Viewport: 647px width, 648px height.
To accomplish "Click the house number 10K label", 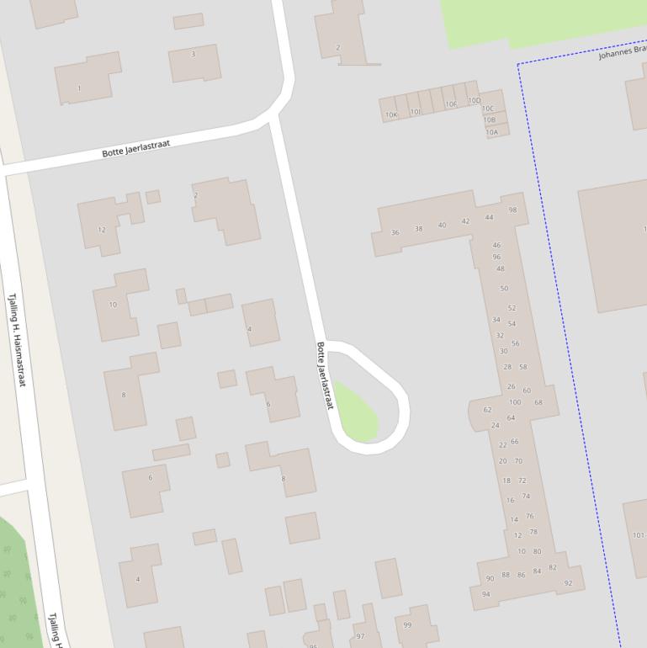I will [391, 115].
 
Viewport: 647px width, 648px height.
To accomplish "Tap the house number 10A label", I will [491, 132].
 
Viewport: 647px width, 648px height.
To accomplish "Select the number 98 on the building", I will [512, 210].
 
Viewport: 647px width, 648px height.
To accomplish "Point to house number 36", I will [395, 232].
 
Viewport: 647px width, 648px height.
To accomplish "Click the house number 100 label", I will [515, 402].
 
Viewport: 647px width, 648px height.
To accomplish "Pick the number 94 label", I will [486, 594].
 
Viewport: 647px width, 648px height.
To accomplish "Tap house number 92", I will [568, 583].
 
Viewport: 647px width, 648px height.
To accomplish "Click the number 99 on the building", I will [407, 625].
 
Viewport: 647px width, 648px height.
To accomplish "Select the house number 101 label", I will [638, 535].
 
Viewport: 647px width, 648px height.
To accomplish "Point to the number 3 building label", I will [193, 55].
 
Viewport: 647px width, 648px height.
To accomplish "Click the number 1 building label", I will [79, 88].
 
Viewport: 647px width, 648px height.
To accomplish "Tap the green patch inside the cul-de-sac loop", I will [355, 412].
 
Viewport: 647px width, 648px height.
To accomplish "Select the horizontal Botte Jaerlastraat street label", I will [135, 149].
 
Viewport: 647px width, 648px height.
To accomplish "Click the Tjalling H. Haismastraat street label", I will [18, 339].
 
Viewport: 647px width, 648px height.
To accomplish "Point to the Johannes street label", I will [622, 52].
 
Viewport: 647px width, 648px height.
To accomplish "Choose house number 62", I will [487, 410].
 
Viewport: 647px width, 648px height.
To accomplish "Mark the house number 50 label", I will [504, 289].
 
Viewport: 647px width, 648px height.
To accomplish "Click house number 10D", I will [474, 101].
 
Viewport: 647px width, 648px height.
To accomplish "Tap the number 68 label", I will [538, 402].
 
